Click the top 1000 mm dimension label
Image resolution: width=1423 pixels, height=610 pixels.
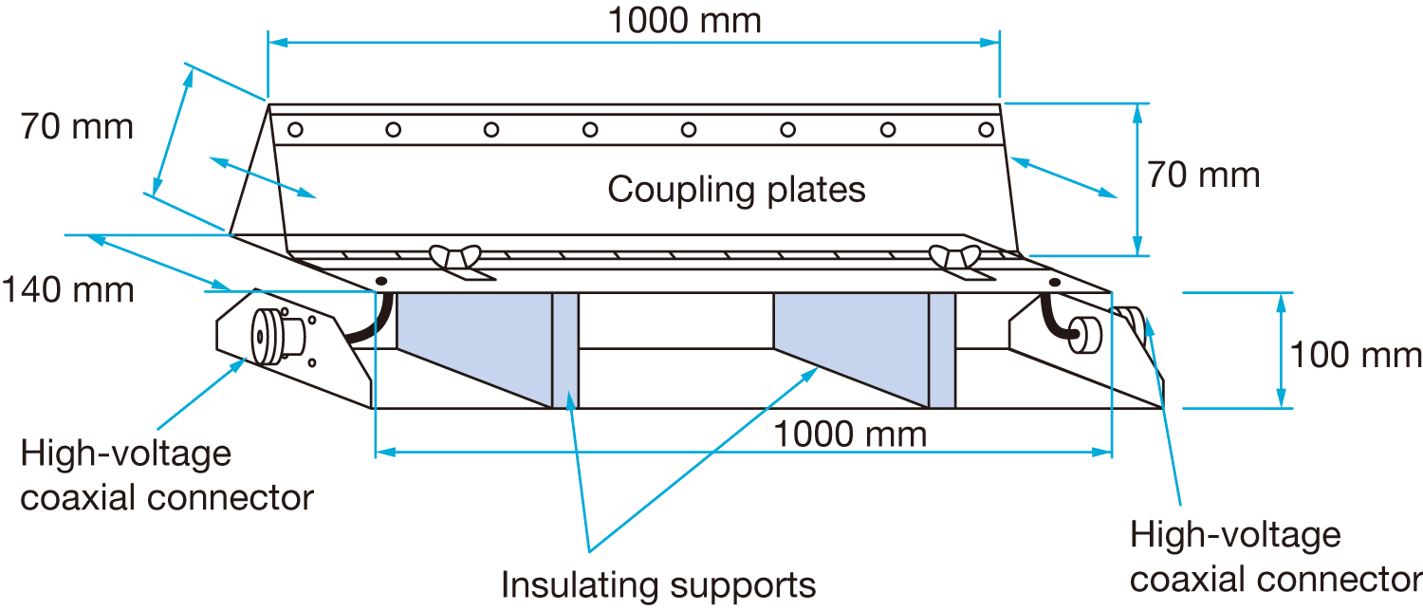[684, 20]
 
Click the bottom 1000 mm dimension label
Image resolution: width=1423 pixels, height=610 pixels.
[850, 434]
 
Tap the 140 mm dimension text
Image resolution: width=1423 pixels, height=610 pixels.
[68, 289]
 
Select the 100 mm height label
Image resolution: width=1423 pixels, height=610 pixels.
[1356, 355]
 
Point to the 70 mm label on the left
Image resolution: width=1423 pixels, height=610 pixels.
[78, 126]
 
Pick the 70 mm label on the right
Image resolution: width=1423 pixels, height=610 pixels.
[1204, 175]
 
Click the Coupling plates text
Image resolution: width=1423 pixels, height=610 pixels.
[736, 190]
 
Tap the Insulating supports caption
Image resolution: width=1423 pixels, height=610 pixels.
[658, 584]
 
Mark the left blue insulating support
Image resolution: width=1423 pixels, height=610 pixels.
[474, 346]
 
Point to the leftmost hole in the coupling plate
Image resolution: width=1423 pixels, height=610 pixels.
[295, 129]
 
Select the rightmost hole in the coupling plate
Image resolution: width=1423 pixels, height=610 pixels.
[987, 129]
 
